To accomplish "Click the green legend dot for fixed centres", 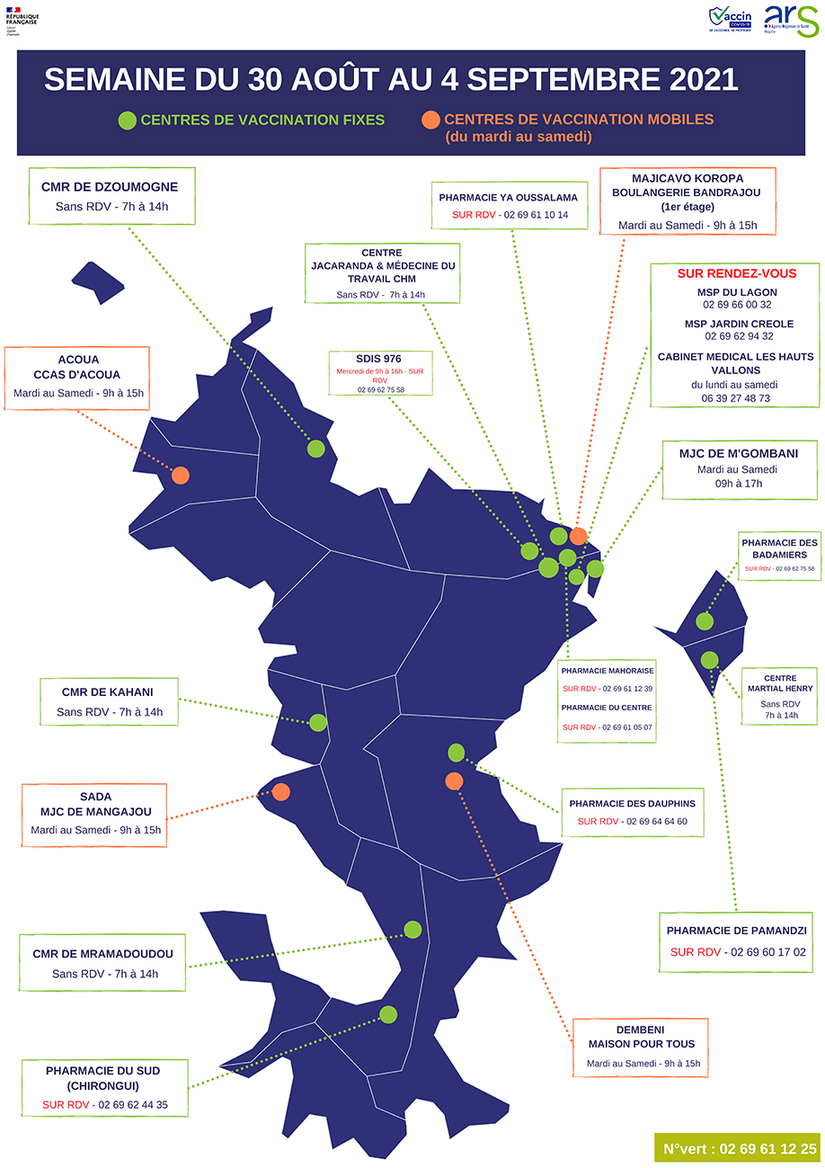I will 128,120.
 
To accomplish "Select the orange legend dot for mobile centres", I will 431,120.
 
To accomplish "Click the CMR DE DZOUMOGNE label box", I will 110,196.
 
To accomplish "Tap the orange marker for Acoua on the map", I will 181,475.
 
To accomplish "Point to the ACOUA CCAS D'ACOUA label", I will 77,376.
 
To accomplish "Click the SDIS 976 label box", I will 381,372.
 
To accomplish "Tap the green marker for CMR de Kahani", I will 317,721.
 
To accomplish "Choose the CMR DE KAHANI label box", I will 109,701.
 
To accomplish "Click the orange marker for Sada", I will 280,792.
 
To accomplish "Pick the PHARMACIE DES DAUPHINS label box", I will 632,812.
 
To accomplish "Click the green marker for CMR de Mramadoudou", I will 412,929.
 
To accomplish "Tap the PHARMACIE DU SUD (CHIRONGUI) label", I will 104,1087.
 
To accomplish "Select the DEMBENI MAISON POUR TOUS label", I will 639,1047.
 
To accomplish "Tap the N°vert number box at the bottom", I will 739,1148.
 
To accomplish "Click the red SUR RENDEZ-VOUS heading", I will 735,273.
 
